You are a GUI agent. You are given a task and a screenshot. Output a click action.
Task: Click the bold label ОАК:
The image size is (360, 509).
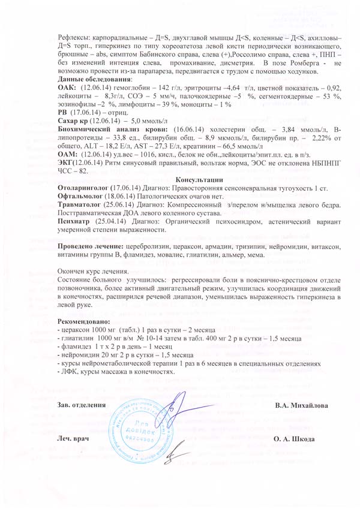point(66,87)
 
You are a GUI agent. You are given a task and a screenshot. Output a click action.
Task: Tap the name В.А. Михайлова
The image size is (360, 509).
point(301,406)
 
